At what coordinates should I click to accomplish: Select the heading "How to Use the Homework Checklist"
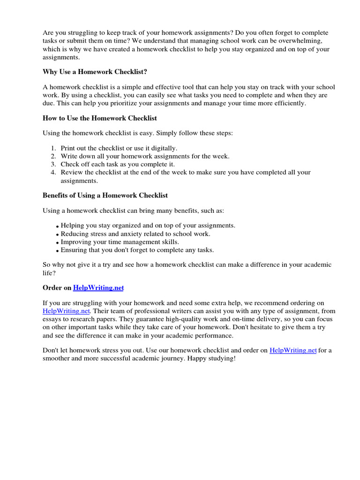tap(100, 118)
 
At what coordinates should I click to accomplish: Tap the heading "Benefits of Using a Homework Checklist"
tap(105, 195)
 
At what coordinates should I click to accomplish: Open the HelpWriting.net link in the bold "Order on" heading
tap(98, 287)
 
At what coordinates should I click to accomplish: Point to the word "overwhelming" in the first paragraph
tap(309, 41)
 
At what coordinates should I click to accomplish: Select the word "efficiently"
tap(287, 103)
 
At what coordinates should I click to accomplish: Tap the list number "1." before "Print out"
tap(53, 148)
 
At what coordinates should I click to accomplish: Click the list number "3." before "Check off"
tap(53, 164)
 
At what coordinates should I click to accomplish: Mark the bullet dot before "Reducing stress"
tap(58, 234)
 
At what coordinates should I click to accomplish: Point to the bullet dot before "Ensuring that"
tap(58, 251)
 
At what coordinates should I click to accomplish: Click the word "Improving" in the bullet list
tap(75, 242)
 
